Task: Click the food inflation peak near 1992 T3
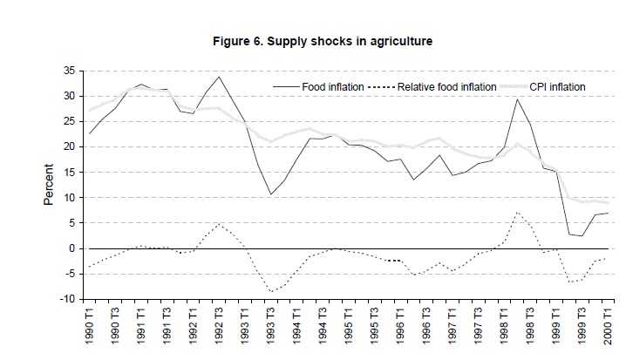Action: pos(218,77)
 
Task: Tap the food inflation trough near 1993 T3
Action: pos(271,194)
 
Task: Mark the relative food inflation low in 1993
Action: pos(271,291)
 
